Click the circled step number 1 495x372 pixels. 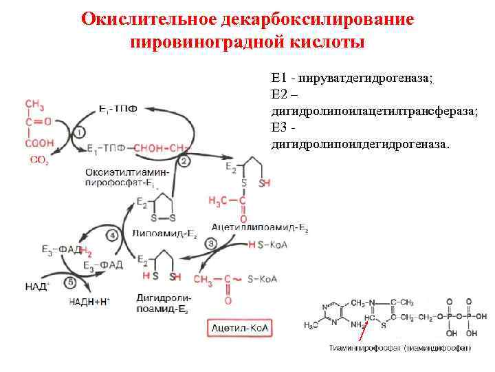80,132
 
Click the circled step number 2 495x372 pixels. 184,161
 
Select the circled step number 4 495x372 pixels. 113,236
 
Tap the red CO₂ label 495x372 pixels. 39,160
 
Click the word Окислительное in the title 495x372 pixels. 151,19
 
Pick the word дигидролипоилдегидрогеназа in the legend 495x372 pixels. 360,145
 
